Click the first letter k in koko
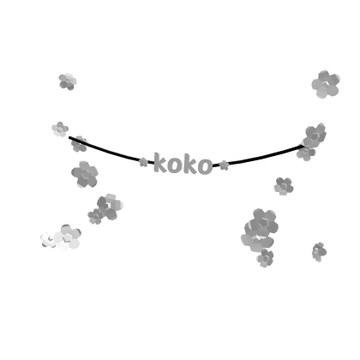point(160,163)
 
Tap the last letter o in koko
point(205,166)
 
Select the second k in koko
point(190,165)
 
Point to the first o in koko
point(175,165)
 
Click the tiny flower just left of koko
point(143,162)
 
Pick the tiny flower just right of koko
point(225,165)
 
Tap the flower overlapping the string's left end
point(79,144)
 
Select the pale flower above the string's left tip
point(60,129)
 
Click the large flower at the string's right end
point(315,135)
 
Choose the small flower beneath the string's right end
point(306,153)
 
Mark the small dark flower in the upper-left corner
point(68,81)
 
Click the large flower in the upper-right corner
point(326,84)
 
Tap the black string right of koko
point(260,158)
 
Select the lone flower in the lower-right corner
point(319,252)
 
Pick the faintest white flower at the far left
point(48,240)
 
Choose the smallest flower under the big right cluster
point(265,258)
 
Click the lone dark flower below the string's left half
point(85,174)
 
